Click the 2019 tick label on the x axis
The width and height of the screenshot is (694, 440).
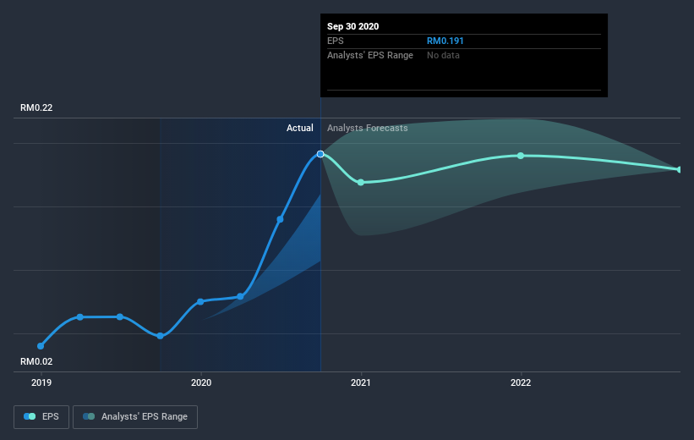coord(41,382)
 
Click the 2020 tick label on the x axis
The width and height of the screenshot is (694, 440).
coord(201,382)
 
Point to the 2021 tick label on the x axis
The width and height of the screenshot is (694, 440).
coord(361,382)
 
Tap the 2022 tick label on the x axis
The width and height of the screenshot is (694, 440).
coord(521,382)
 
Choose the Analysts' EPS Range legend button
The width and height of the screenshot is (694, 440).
coord(135,417)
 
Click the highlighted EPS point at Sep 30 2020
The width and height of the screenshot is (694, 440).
coord(320,154)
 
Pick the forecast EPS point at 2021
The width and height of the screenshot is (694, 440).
coord(361,182)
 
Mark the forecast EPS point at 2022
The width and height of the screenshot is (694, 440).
coord(521,156)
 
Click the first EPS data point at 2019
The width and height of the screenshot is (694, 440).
coord(41,346)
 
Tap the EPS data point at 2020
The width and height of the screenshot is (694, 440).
coord(201,301)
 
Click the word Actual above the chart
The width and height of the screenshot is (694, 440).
coord(299,129)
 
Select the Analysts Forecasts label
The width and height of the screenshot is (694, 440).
coord(367,129)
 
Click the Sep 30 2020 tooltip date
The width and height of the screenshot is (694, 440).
coord(353,26)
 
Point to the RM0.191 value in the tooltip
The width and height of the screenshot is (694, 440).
coord(445,41)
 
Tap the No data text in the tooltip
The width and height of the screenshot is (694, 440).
coord(444,55)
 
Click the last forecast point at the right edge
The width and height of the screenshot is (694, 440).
coord(679,170)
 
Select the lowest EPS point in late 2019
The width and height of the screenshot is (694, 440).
coord(161,336)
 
